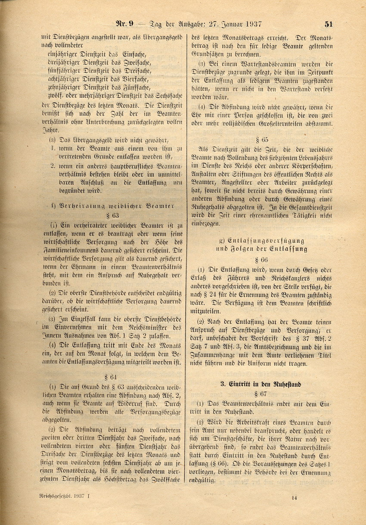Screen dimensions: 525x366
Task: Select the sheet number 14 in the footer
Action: coord(294,497)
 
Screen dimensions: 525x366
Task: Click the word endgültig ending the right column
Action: coord(204,479)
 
